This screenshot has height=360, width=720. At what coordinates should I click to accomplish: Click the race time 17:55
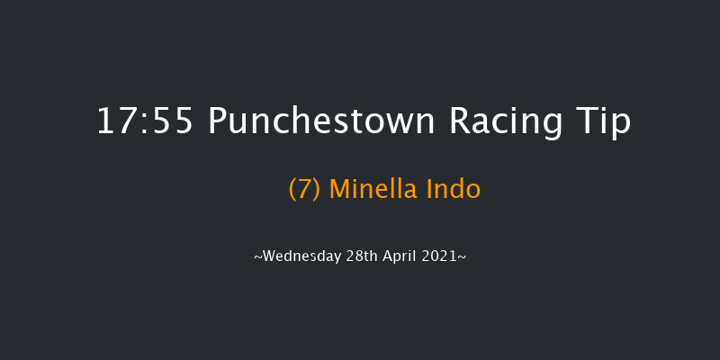(145, 121)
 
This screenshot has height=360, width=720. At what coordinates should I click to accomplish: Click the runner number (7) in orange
(305, 189)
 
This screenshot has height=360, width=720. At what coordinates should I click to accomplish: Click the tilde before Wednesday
(258, 257)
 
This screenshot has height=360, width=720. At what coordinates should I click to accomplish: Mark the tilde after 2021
(462, 257)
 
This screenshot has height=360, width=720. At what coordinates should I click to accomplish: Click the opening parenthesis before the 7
(292, 190)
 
